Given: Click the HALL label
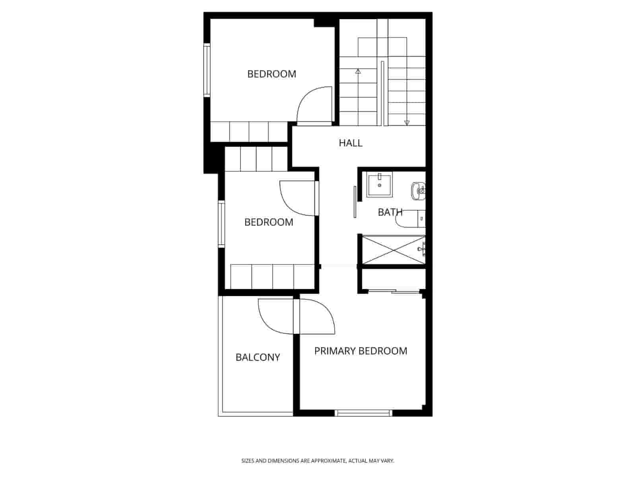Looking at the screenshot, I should (351, 143).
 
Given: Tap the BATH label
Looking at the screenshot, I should (390, 212).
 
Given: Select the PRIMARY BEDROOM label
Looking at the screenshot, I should (361, 351).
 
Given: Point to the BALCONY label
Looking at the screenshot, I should (258, 357).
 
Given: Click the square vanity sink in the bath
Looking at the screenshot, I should (379, 185).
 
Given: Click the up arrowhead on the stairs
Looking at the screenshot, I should (358, 72).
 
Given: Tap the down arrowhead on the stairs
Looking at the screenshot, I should (407, 122).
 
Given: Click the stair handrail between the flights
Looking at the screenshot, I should (382, 93).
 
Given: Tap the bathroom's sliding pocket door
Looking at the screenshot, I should (355, 202).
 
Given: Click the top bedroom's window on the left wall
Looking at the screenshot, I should (206, 70).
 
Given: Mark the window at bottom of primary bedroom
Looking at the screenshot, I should (363, 413).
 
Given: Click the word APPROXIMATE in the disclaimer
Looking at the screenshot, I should (328, 461).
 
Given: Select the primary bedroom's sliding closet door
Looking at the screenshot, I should (394, 292).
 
